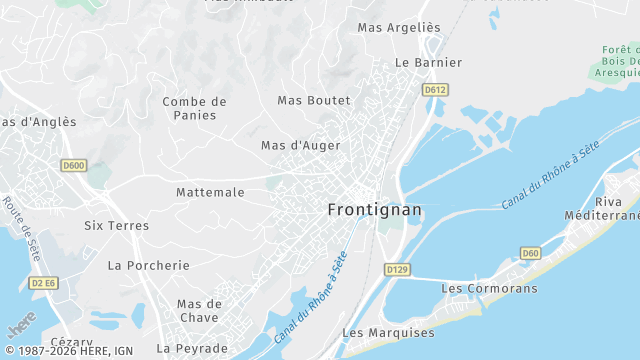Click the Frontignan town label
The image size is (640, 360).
tap(375, 210)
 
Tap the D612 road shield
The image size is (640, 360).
tap(434, 90)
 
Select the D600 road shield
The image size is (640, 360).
tap(73, 166)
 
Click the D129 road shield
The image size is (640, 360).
tap(397, 270)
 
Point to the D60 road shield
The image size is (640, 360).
tap(531, 254)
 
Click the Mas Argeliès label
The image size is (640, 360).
tap(398, 28)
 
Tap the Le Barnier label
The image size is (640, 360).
tap(429, 62)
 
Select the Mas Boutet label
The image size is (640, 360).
tap(314, 100)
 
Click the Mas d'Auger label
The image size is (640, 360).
tap(300, 145)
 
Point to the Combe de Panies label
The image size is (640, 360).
tap(195, 108)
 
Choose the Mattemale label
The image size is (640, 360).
tap(210, 191)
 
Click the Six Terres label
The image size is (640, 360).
tap(116, 226)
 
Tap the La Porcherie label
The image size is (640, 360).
tap(148, 265)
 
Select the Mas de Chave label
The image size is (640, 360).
tap(199, 310)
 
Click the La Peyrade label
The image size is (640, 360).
tap(192, 348)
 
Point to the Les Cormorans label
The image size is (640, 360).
tap(489, 289)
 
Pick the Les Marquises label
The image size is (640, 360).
tap(388, 332)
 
